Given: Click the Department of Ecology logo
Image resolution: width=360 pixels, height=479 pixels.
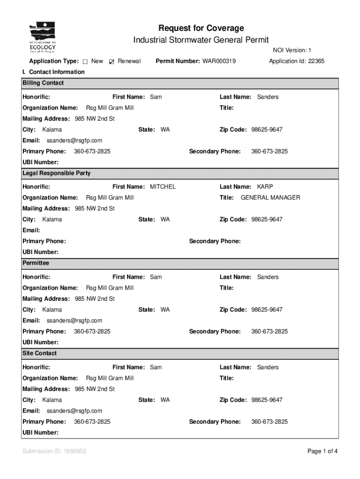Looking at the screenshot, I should pyautogui.click(x=43, y=37).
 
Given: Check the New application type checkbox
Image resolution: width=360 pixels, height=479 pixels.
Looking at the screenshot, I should pyautogui.click(x=86, y=62).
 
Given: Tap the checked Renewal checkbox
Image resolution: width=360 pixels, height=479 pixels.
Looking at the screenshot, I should pyautogui.click(x=111, y=62).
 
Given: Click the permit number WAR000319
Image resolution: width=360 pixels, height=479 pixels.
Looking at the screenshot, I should pyautogui.click(x=219, y=61).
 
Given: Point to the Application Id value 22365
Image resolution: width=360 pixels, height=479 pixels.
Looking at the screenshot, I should pyautogui.click(x=316, y=61).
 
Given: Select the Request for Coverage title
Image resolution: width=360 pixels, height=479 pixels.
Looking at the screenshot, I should pyautogui.click(x=201, y=29).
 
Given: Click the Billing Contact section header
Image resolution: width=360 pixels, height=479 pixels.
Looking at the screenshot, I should pyautogui.click(x=43, y=83).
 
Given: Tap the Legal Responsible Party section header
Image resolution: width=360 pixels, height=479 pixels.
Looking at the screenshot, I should pyautogui.click(x=57, y=174).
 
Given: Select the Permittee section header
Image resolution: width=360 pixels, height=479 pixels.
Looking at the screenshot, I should pyautogui.click(x=36, y=263).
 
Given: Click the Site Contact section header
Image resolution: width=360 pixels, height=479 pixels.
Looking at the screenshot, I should pyautogui.click(x=40, y=354).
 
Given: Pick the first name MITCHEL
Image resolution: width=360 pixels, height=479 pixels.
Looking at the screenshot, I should pyautogui.click(x=163, y=187).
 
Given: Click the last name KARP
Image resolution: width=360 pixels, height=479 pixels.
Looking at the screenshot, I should pyautogui.click(x=265, y=187).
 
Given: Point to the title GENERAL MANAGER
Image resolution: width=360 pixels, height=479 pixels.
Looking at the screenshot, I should pyautogui.click(x=270, y=198).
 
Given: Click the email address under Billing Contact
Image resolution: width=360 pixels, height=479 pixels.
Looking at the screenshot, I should pyautogui.click(x=74, y=140).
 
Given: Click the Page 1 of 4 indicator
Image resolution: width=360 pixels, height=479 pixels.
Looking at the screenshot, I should pyautogui.click(x=322, y=451).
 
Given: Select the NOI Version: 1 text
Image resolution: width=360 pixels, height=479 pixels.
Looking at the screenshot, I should pyautogui.click(x=292, y=51).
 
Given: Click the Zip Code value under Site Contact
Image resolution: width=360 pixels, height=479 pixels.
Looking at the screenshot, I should pyautogui.click(x=266, y=400).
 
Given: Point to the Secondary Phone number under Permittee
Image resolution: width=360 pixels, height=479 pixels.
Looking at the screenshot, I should pyautogui.click(x=269, y=332).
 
